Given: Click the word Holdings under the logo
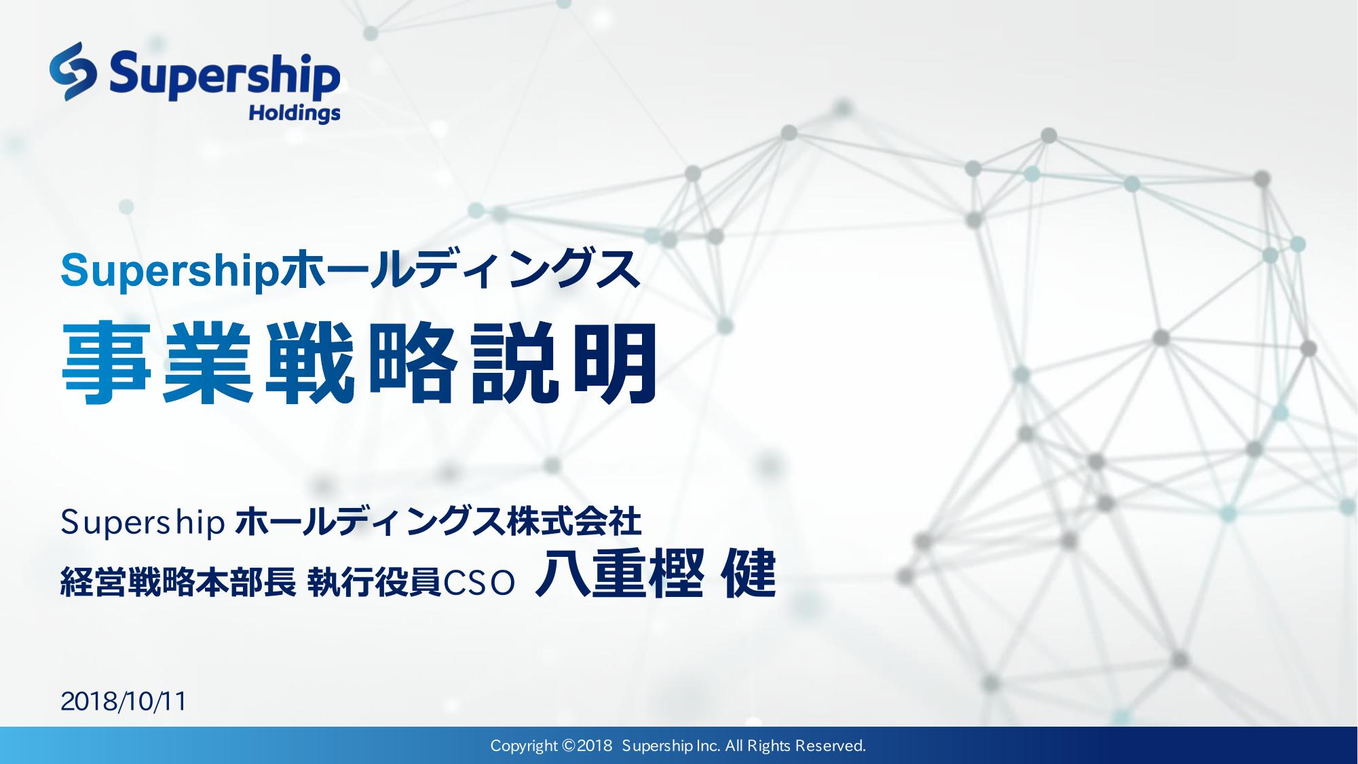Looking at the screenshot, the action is (x=294, y=113).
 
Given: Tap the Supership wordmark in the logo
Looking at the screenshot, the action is (x=225, y=75).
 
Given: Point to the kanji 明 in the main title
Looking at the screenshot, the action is (x=614, y=363).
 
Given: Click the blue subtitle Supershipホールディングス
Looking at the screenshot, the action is (x=350, y=270).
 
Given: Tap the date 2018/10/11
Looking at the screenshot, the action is (x=124, y=702).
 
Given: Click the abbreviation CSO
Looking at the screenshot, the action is (x=479, y=583).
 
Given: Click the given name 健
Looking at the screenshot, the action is (x=750, y=577).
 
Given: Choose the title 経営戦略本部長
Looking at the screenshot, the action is (x=178, y=583).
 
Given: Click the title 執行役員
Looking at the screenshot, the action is (x=375, y=583).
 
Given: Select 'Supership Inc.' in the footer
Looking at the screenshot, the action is (x=671, y=746).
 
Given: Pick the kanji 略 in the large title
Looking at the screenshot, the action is (x=411, y=363).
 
